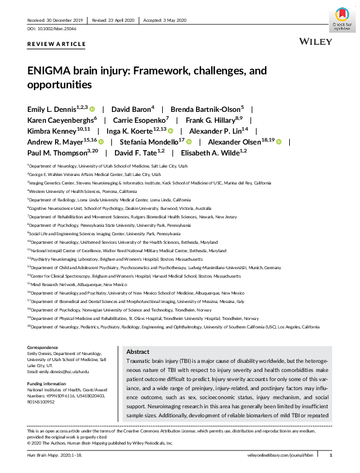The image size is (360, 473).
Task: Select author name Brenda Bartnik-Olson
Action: pos(205,109)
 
